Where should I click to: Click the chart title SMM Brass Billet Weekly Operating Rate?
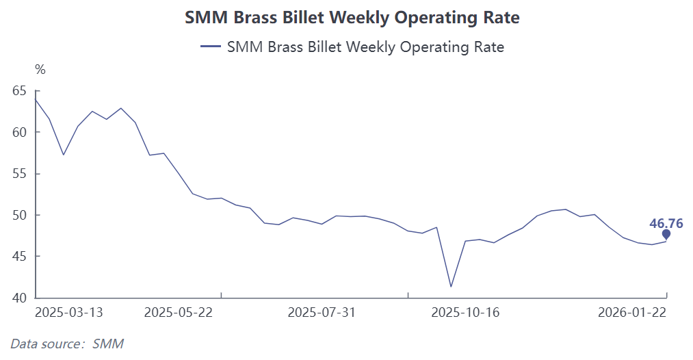click(x=352, y=18)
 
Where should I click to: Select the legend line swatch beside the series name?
click(x=209, y=47)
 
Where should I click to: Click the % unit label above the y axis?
click(x=40, y=69)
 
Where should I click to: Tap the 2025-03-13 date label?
click(x=68, y=313)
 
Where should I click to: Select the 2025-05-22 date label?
click(x=179, y=313)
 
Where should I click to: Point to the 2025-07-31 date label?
click(x=322, y=313)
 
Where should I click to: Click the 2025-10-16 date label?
click(x=465, y=313)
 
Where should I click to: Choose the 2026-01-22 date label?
click(x=631, y=313)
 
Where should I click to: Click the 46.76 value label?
click(x=666, y=223)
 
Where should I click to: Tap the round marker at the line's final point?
click(x=666, y=234)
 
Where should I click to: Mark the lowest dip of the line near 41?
click(x=451, y=287)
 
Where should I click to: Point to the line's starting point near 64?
click(x=35, y=99)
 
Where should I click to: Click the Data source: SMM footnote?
click(x=67, y=344)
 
